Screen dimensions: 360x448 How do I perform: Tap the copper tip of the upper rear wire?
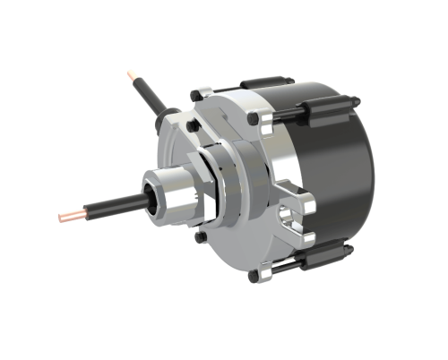(x=132, y=73)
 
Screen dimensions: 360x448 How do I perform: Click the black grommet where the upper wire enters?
(x=163, y=116)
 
